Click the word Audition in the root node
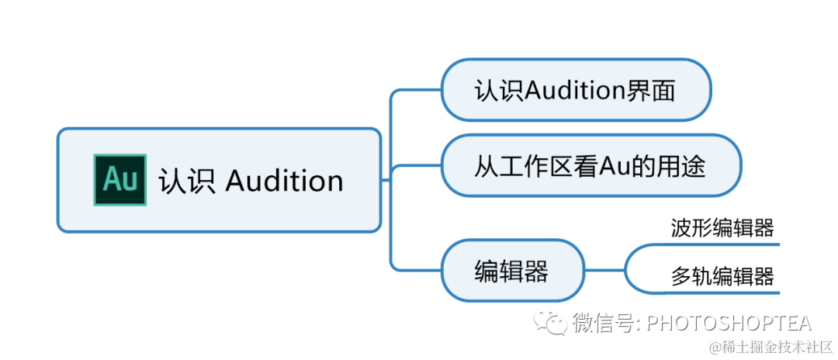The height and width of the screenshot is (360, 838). [x=284, y=181]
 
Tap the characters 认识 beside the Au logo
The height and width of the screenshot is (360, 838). [x=187, y=181]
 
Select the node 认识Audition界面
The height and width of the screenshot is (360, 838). [x=575, y=91]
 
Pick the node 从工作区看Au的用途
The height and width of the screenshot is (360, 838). [x=590, y=165]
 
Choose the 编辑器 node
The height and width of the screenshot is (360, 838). [x=511, y=271]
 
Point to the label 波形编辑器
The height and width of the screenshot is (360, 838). [x=722, y=228]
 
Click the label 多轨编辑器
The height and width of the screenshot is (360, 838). [x=722, y=276]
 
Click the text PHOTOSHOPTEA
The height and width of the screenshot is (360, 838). [x=729, y=323]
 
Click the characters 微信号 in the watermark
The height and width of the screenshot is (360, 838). [x=606, y=323]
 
